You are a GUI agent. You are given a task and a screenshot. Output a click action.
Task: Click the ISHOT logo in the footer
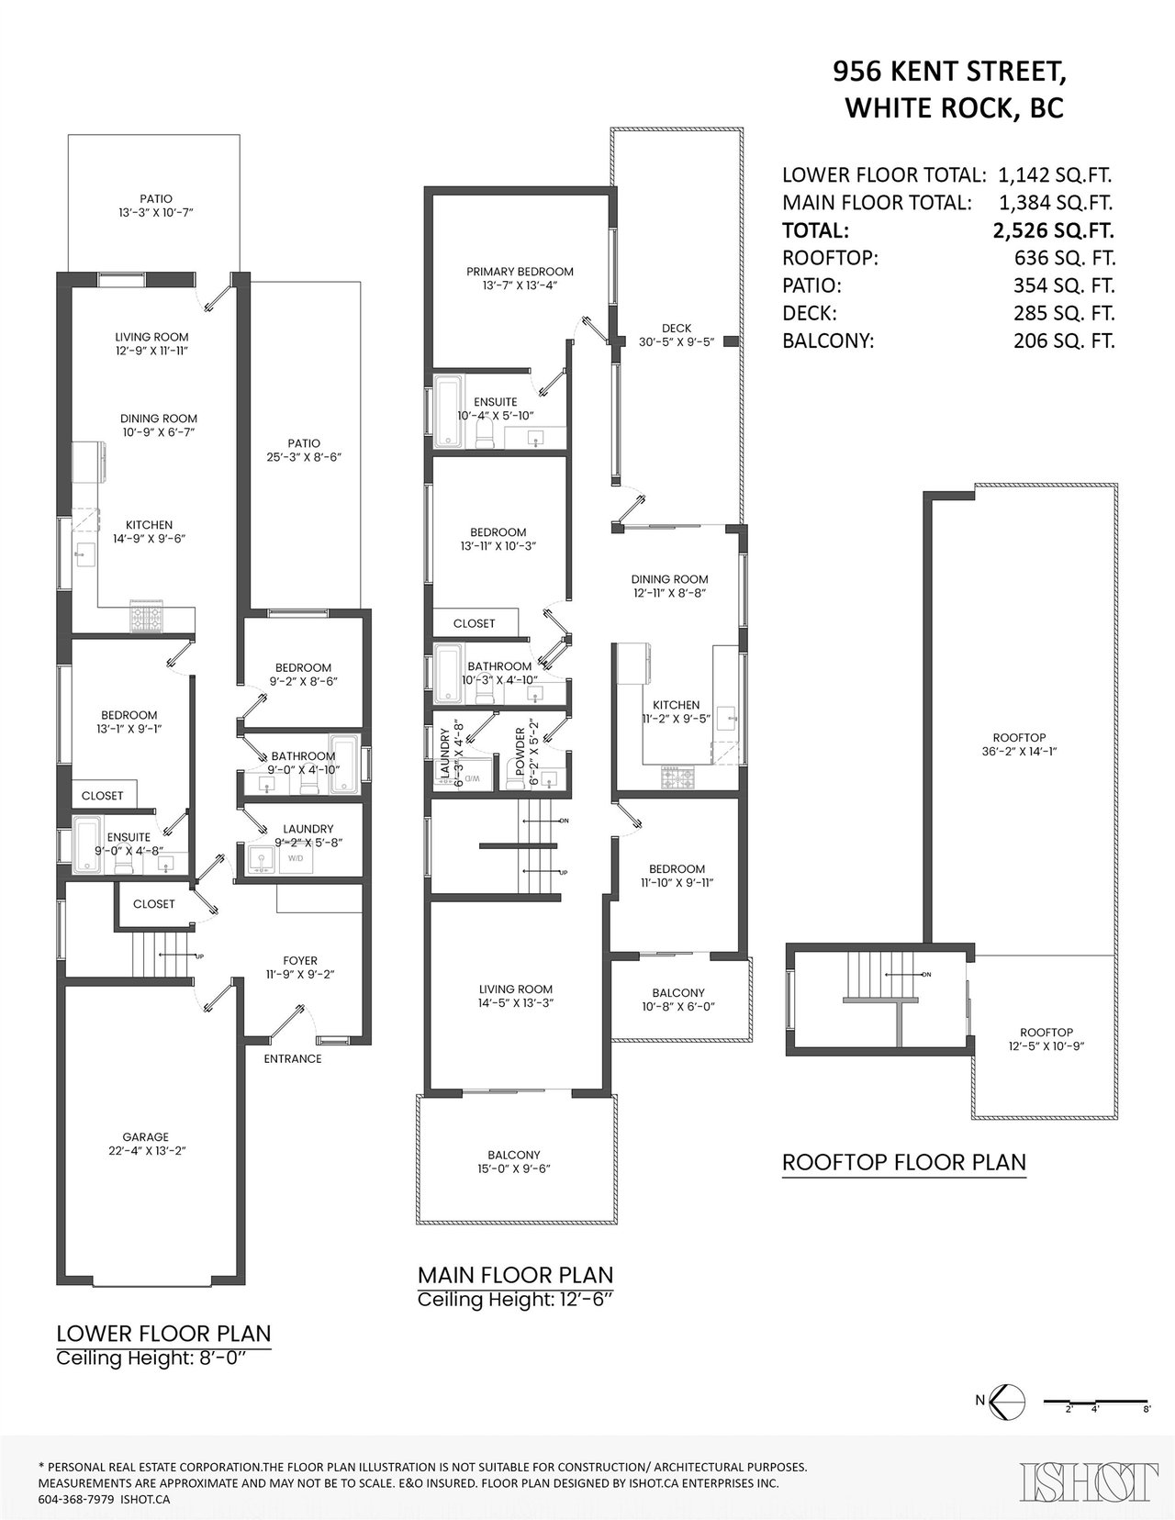(1088, 1479)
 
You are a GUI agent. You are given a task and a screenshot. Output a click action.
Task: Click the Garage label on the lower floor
(145, 1137)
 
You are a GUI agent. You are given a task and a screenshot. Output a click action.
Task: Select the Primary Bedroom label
(520, 272)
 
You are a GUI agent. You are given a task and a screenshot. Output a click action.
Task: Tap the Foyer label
(300, 960)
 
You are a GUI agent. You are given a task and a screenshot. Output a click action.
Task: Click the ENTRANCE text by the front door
(292, 1058)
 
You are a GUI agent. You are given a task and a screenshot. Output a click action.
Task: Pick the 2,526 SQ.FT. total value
(1053, 230)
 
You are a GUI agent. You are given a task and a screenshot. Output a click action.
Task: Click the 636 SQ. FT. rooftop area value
(1065, 258)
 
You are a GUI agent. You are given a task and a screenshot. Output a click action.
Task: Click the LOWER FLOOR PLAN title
(163, 1334)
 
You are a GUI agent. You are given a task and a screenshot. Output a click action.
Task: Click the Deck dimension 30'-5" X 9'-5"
(676, 341)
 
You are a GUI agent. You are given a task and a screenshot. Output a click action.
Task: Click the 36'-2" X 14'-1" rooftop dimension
(1018, 752)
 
